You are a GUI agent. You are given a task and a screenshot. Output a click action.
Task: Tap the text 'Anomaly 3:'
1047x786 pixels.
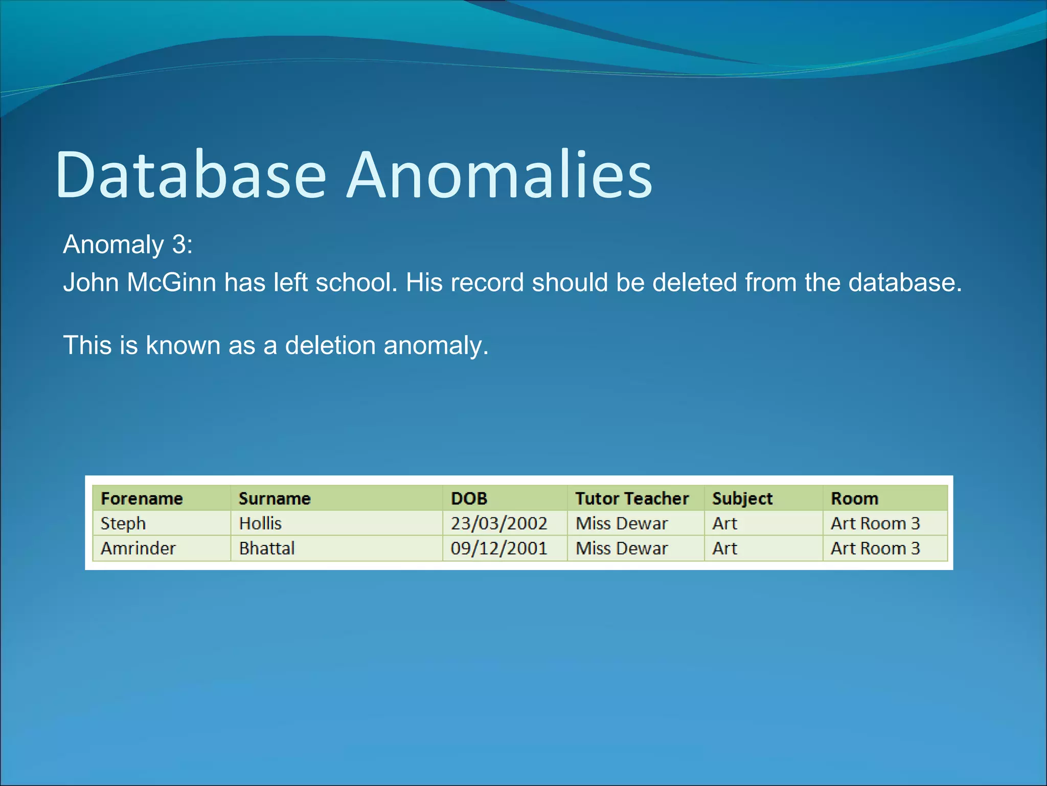(128, 245)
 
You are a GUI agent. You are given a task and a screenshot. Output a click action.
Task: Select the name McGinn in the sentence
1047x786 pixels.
(171, 282)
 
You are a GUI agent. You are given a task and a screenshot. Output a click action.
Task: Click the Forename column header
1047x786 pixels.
(142, 498)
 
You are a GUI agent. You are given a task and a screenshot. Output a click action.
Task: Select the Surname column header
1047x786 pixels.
(275, 498)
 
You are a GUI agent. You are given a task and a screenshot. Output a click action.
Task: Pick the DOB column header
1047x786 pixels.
(469, 498)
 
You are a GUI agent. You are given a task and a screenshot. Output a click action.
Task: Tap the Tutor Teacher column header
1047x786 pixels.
(632, 498)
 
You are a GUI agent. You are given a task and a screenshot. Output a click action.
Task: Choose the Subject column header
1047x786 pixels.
(742, 498)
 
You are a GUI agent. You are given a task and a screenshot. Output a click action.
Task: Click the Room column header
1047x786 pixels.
(854, 498)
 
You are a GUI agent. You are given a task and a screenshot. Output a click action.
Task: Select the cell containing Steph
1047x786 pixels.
(123, 523)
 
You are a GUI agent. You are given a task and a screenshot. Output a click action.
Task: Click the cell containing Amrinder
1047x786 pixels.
(138, 549)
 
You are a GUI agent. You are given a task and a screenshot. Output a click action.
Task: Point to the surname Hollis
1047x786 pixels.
(260, 523)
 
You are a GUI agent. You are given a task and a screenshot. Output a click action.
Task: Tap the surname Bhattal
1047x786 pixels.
(267, 549)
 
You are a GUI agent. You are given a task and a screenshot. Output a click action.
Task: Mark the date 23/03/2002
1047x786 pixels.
(498, 523)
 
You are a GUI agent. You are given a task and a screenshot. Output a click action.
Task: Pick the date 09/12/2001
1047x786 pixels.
(498, 549)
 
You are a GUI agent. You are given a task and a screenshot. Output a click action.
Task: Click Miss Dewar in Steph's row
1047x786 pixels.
(622, 523)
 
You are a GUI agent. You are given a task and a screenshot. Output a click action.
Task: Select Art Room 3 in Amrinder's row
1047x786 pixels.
(875, 549)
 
